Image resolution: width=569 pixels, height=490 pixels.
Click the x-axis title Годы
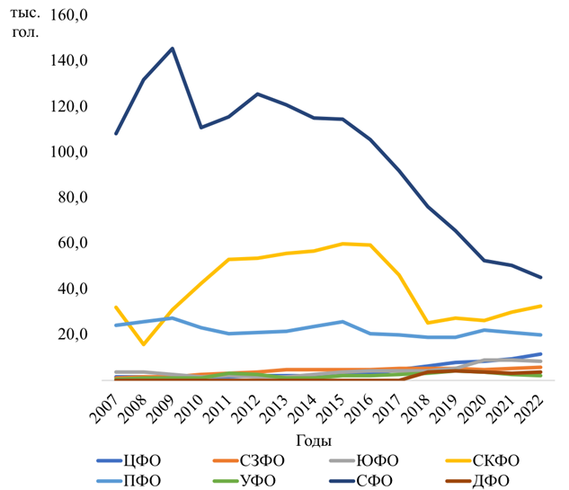pos(313,441)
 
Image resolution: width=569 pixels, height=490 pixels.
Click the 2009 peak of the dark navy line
pos(173,49)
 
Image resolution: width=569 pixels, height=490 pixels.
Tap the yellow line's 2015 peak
pos(342,244)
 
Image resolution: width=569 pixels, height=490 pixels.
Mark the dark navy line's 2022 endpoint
pos(539,277)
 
